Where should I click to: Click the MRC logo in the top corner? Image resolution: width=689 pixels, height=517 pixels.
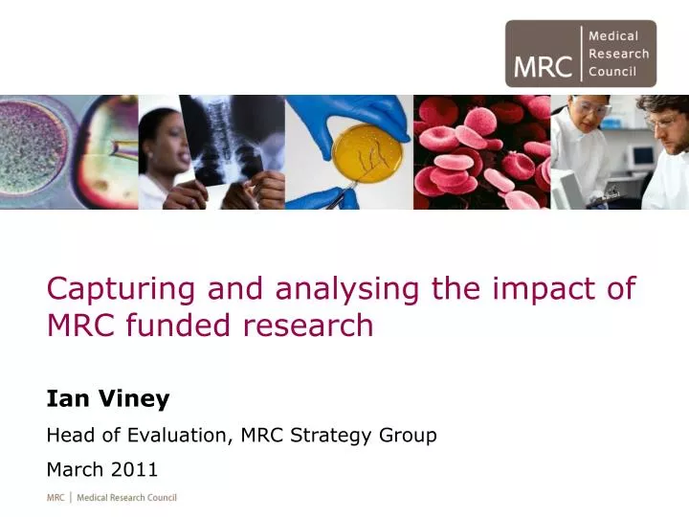pyautogui.click(x=581, y=54)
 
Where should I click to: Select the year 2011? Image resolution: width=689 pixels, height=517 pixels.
pyautogui.click(x=135, y=469)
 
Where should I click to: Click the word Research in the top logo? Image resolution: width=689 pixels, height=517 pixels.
pyautogui.click(x=618, y=54)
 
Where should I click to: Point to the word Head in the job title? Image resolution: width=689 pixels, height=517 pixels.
pyautogui.click(x=70, y=436)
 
